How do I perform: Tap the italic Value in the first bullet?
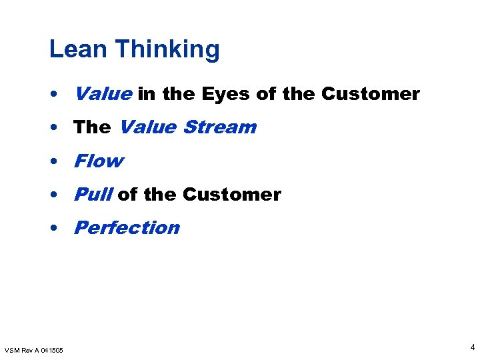[103, 94]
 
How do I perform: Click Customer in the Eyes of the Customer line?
[370, 94]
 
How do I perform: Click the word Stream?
[219, 127]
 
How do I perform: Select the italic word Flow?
[99, 161]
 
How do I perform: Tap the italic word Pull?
[93, 194]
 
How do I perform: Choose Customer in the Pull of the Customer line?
[231, 194]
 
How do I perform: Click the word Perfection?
[127, 227]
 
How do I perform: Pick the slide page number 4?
[472, 347]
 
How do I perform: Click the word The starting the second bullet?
[92, 127]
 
